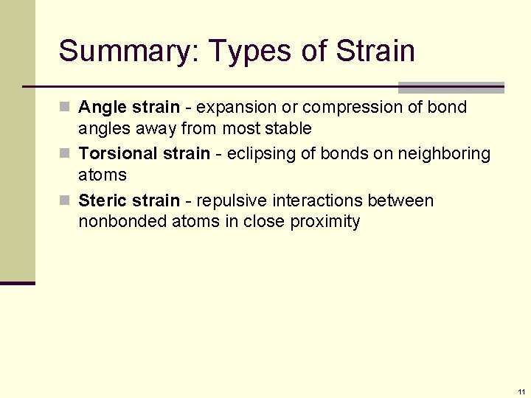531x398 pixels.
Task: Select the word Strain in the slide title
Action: tap(375, 52)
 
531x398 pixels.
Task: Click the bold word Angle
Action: tap(103, 108)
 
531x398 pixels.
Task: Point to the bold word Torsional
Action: tap(113, 154)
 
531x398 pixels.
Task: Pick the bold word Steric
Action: tap(103, 200)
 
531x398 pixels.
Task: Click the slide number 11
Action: tap(521, 391)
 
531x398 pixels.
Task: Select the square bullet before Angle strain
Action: tap(66, 108)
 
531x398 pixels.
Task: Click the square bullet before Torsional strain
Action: tap(66, 154)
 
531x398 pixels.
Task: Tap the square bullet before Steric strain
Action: tap(66, 200)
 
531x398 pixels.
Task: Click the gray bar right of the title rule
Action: tap(451, 88)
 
